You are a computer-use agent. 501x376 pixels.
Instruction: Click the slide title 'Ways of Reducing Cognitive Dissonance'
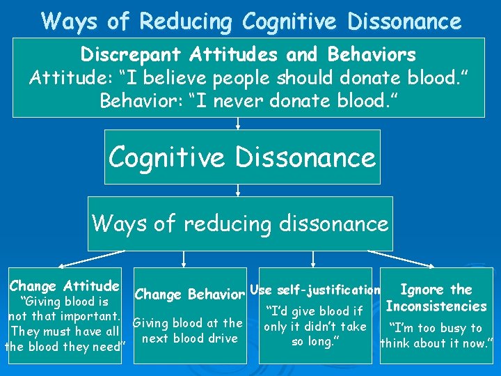click(250, 21)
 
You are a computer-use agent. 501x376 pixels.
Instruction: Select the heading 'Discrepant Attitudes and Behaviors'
click(248, 54)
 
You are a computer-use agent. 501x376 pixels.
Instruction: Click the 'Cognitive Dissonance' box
click(242, 157)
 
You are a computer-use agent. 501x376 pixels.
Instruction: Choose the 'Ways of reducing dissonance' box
click(240, 224)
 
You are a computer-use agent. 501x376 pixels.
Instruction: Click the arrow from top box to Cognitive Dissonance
click(238, 123)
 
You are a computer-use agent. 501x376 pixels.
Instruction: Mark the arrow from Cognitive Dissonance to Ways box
click(238, 190)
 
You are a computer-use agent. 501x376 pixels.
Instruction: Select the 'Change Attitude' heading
click(64, 285)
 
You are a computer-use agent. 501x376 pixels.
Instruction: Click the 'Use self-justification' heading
click(315, 290)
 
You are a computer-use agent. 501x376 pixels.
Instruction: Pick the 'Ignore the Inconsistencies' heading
click(436, 298)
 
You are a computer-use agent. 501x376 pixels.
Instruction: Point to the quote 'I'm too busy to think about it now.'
click(436, 335)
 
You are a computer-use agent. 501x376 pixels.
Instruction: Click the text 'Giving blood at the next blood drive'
click(188, 331)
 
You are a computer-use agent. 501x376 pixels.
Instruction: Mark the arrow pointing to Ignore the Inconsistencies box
click(407, 258)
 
